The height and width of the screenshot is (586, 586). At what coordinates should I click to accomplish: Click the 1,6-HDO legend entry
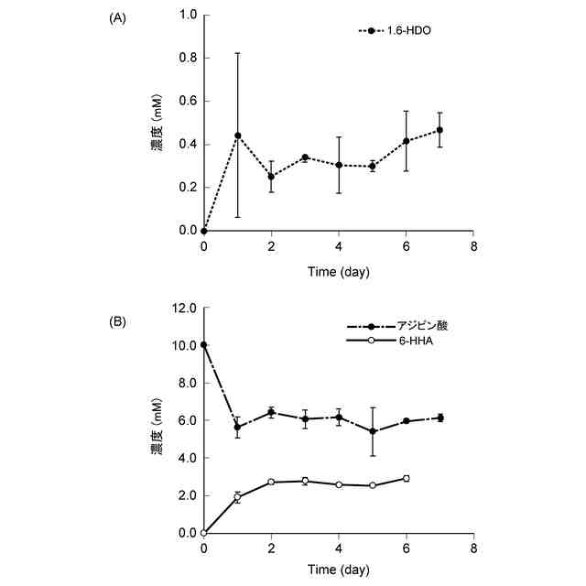click(395, 30)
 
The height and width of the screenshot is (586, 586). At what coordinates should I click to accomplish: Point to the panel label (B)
click(120, 322)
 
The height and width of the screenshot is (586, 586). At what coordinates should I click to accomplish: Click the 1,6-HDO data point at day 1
click(237, 136)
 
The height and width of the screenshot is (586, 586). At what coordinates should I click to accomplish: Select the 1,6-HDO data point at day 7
click(439, 130)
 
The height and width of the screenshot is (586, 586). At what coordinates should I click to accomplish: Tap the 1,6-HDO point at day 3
click(305, 157)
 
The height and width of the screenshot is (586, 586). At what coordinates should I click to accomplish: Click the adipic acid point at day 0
click(203, 345)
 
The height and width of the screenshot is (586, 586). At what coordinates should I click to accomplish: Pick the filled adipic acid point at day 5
click(373, 431)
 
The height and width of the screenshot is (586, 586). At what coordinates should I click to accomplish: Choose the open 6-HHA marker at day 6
click(406, 478)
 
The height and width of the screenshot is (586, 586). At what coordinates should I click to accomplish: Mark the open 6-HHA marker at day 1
click(237, 497)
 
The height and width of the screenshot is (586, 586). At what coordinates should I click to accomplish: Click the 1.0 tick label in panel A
click(189, 16)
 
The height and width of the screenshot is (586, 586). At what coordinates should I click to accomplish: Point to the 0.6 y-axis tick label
click(189, 102)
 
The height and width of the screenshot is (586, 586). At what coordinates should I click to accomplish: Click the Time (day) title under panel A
click(338, 272)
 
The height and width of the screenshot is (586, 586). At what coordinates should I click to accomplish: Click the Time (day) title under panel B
click(338, 570)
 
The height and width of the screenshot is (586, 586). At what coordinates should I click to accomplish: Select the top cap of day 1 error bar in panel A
click(237, 53)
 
